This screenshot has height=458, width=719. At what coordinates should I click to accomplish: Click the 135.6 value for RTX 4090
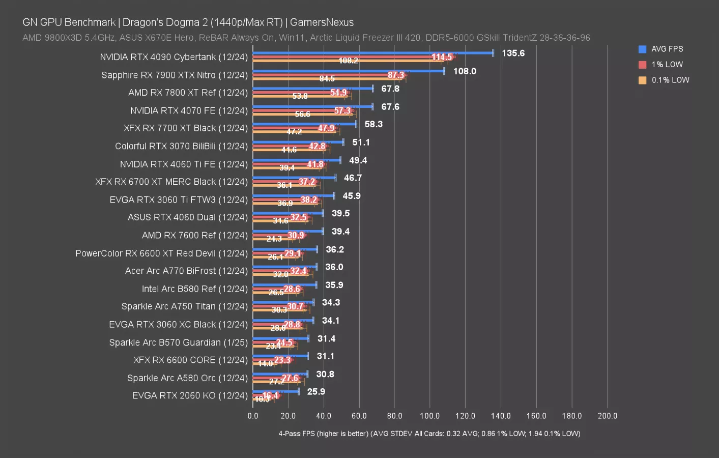513,53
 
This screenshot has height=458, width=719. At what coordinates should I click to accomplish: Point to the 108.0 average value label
465,71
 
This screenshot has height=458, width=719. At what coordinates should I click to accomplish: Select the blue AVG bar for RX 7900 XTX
348,71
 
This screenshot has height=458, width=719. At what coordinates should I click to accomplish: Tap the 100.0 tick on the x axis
429,416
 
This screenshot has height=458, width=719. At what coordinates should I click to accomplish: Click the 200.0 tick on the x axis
607,416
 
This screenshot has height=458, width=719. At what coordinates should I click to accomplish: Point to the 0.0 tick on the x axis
253,416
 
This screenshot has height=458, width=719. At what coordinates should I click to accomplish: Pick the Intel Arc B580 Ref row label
194,289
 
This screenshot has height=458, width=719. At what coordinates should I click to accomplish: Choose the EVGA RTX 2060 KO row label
190,395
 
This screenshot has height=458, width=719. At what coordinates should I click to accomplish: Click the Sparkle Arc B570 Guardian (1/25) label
178,342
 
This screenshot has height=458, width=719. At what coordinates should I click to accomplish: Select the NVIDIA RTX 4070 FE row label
189,110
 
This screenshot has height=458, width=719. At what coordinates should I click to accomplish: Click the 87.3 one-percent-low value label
396,75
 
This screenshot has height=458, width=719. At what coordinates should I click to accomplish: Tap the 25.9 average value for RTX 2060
316,391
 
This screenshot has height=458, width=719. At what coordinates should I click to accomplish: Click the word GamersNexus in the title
322,22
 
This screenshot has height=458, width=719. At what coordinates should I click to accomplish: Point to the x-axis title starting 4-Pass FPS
429,434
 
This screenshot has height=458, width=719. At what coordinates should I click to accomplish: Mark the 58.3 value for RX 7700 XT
373,124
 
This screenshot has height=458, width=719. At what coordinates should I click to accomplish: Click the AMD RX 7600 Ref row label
194,235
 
